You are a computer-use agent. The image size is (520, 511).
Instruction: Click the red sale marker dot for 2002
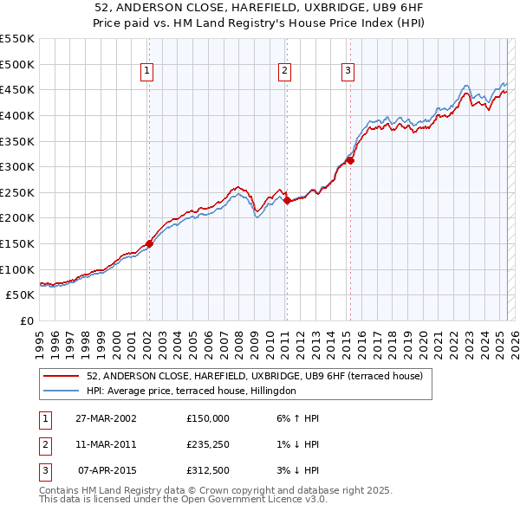(149, 243)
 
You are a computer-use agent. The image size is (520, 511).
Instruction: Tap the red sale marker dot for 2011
(286, 200)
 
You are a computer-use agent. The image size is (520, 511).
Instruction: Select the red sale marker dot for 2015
(350, 160)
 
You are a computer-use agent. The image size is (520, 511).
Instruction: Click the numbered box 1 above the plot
(147, 72)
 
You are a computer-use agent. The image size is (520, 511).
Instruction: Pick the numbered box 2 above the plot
(285, 72)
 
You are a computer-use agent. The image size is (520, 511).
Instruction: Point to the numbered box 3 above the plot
(348, 72)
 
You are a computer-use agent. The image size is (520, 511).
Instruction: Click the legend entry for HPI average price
(192, 391)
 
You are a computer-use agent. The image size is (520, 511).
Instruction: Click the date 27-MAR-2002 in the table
(106, 417)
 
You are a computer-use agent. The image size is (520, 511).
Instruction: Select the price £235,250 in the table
(208, 444)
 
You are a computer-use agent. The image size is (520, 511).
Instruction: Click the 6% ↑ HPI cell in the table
(297, 417)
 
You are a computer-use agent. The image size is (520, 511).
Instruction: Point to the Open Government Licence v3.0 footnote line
(184, 499)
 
